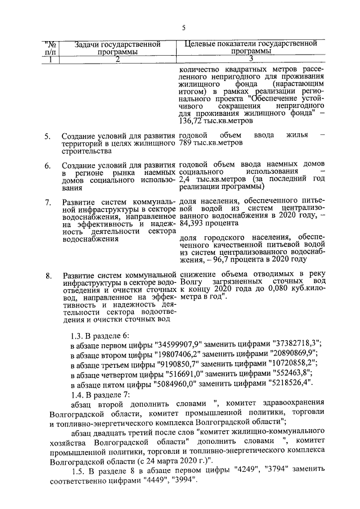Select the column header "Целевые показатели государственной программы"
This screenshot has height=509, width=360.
coord(251,47)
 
